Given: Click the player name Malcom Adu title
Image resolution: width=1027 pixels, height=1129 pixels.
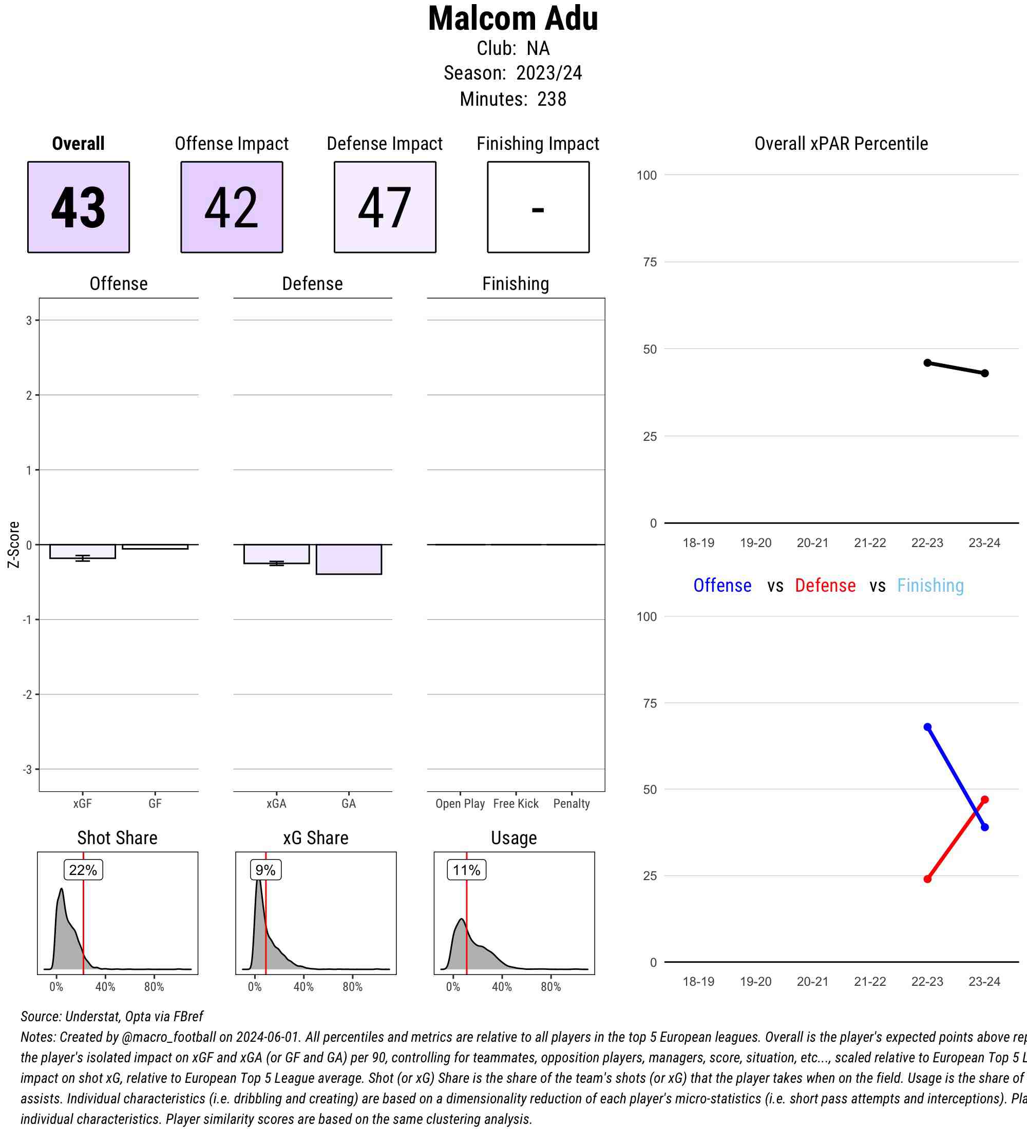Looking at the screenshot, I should (x=512, y=19).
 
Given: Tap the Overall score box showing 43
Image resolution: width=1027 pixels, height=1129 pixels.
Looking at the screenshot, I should (x=79, y=207).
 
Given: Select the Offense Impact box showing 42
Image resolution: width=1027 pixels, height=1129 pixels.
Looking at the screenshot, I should (x=232, y=207).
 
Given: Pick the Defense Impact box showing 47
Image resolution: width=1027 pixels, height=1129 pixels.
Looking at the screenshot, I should (x=385, y=207).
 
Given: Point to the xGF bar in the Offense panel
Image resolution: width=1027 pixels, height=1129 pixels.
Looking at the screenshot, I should (x=82, y=551).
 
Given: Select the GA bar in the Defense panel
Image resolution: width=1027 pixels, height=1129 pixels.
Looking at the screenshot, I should (x=349, y=559).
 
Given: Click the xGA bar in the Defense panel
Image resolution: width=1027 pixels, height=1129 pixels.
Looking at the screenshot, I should (x=276, y=554).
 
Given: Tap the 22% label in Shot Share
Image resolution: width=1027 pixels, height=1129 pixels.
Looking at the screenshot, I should (x=83, y=870).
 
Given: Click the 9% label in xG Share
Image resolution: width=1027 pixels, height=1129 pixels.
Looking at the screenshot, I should (x=265, y=870).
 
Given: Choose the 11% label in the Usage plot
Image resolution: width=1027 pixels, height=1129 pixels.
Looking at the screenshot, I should (x=466, y=870).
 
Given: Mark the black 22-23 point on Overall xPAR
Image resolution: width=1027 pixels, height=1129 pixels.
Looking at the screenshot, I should (x=927, y=363).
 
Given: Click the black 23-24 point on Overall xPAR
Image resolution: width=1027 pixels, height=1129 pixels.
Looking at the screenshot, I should (x=985, y=373).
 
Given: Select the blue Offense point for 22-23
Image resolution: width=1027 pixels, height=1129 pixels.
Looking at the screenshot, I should (x=927, y=727).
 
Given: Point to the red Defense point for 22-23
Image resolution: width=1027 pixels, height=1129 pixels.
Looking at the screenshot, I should (x=927, y=879).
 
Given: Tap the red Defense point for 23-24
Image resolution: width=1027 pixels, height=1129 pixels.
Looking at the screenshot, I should (x=985, y=800).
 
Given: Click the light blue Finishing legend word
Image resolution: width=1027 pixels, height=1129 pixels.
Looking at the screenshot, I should (x=930, y=585).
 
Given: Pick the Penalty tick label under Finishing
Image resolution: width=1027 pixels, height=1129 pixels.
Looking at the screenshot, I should (x=572, y=804).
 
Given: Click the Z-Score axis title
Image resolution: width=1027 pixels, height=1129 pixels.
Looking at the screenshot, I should (x=13, y=544).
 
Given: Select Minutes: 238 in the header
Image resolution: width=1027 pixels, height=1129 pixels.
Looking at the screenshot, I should (x=512, y=99).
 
